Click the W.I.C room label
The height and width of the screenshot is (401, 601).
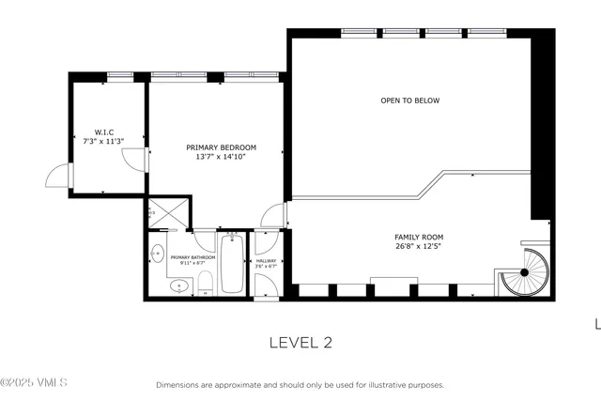click(x=103, y=131)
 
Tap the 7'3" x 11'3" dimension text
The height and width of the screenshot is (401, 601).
click(x=103, y=142)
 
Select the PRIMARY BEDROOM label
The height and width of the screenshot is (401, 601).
click(x=221, y=147)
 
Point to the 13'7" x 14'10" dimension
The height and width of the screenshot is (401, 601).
click(x=221, y=157)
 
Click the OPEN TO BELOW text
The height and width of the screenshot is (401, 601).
click(x=409, y=100)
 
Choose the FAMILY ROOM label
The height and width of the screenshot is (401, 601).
click(x=419, y=237)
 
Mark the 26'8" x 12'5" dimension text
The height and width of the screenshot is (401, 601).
click(x=419, y=247)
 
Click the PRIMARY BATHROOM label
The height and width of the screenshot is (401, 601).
click(x=193, y=257)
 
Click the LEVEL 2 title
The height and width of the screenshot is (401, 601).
click(x=300, y=343)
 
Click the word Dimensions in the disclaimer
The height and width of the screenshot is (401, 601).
click(x=177, y=385)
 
